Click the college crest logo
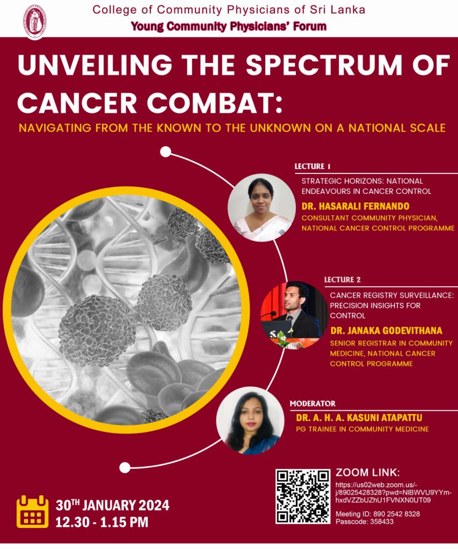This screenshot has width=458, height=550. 35,21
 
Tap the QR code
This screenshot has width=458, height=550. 303,496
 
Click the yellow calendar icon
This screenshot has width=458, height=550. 33,511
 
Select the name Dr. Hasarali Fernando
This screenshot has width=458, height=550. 355,206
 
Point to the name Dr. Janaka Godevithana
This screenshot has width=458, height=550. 386,330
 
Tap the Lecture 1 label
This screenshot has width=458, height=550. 312,167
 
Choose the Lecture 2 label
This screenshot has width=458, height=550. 342,279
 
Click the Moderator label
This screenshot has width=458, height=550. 312,403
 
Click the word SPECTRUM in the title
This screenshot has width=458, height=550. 323,65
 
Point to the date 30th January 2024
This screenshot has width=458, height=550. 113,505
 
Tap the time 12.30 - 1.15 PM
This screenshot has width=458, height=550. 102,522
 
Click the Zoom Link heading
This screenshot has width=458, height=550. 367,473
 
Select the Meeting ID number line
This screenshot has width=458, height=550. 377,514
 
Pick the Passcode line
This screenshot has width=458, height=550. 365,522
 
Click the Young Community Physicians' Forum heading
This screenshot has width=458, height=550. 229,26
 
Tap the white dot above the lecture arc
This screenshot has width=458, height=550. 165,152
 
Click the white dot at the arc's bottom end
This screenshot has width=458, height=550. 125,468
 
